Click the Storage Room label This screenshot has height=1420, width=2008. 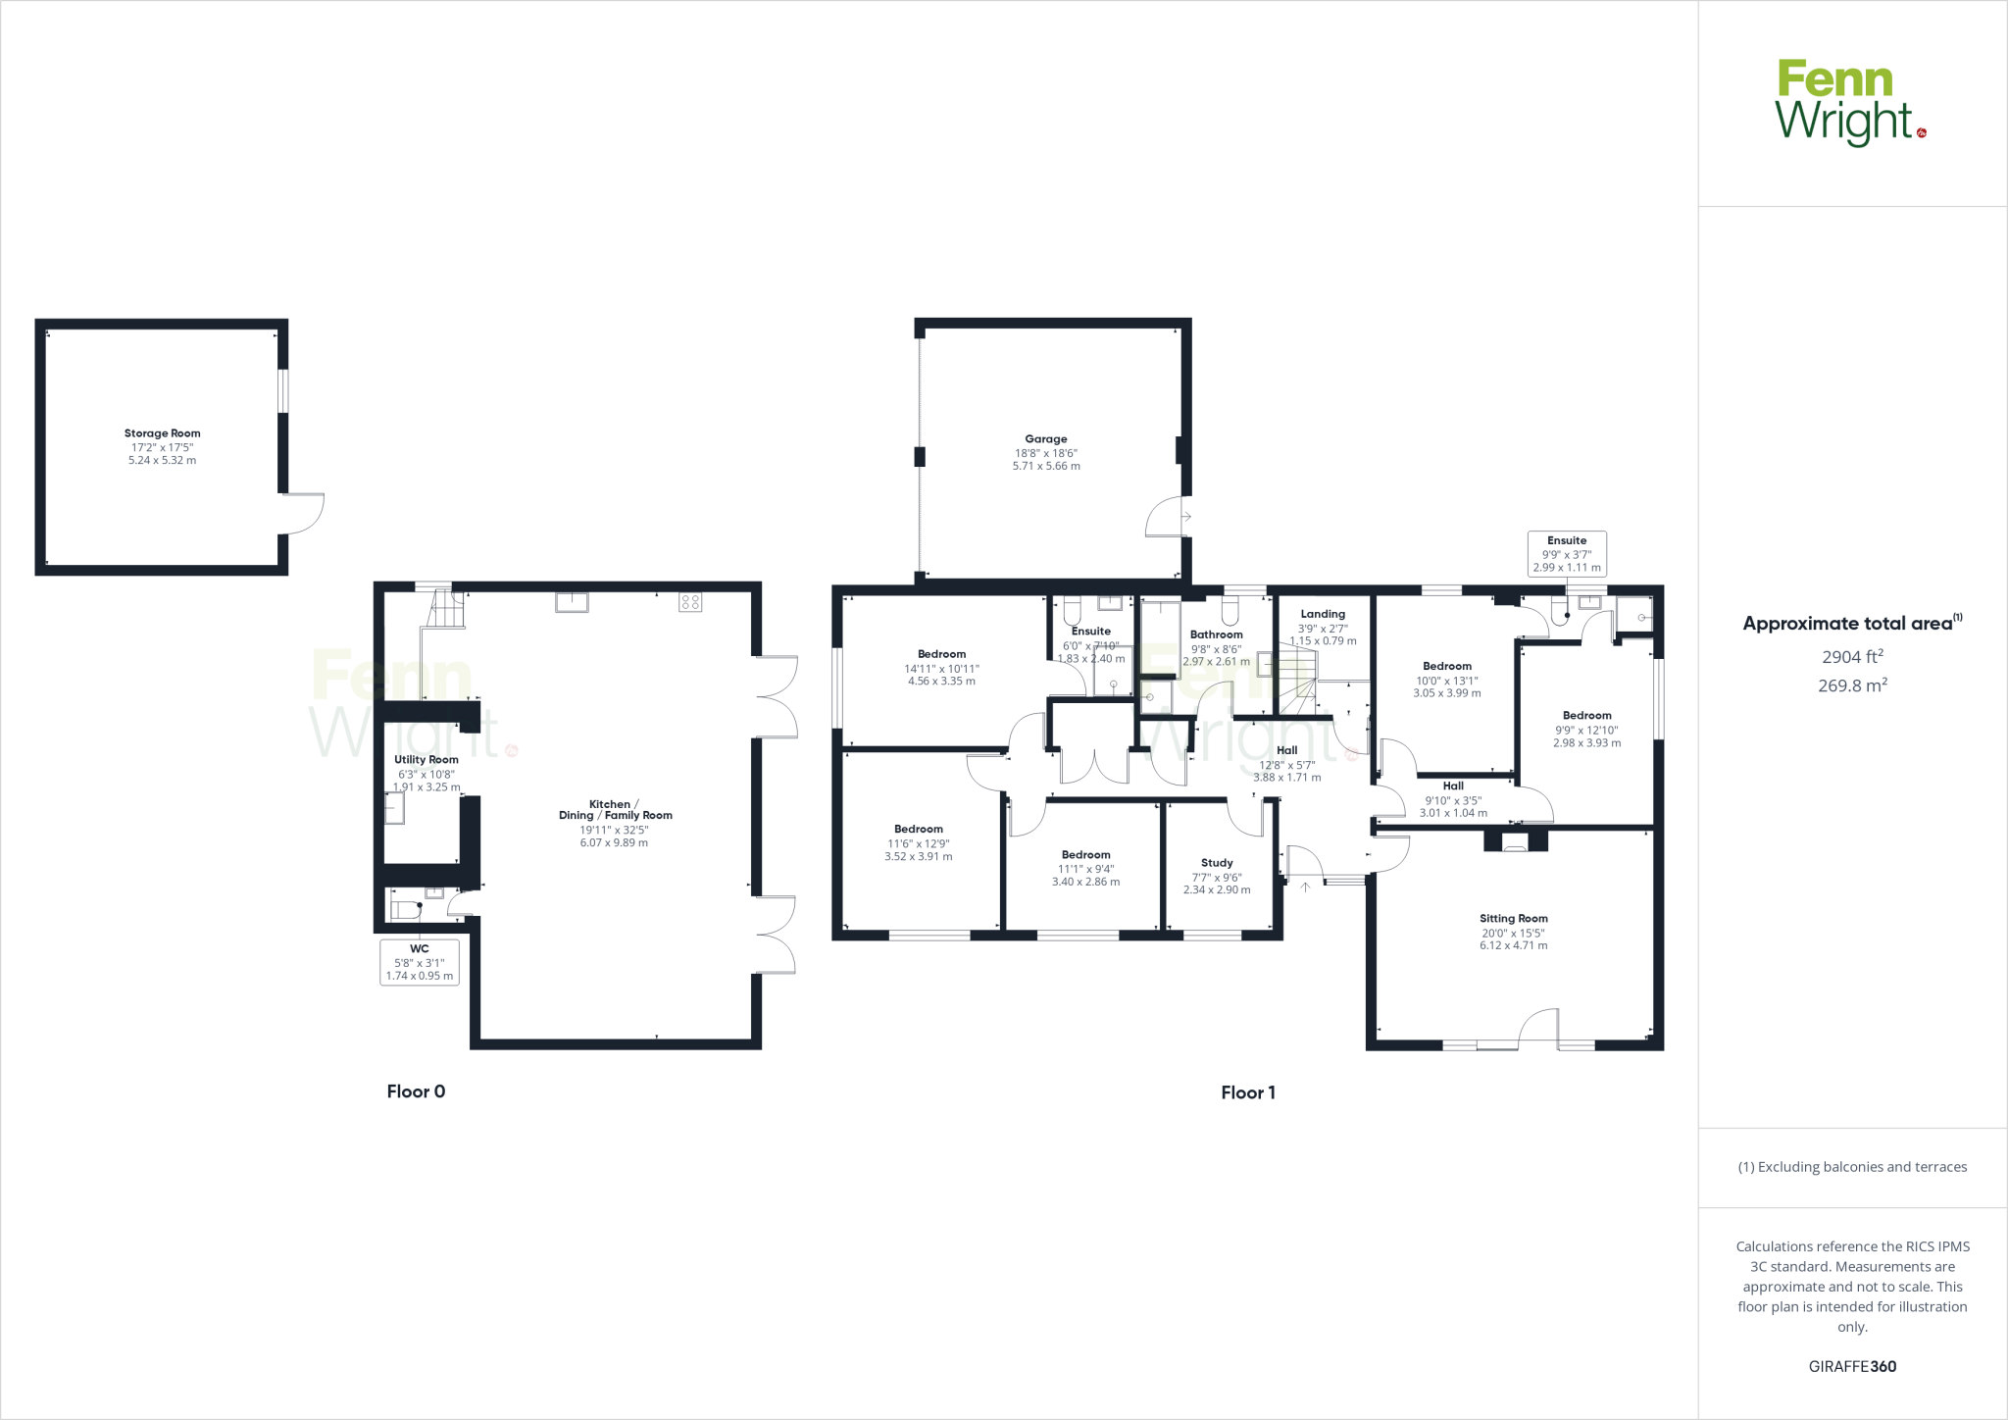click(162, 433)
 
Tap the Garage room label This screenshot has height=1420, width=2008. click(1045, 439)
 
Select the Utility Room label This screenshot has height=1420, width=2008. click(426, 760)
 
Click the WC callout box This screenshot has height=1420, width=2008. click(419, 962)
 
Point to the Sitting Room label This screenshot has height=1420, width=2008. click(1513, 919)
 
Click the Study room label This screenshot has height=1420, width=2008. click(1216, 863)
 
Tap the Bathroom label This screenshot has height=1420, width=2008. click(1216, 634)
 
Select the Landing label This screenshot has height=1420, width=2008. click(1322, 614)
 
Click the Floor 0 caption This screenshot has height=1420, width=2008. click(416, 1091)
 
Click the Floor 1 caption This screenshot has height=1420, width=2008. click(1247, 1092)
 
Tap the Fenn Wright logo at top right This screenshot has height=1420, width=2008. click(1849, 102)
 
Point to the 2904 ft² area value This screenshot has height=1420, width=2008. click(1852, 657)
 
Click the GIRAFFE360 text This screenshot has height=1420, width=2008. click(1852, 1366)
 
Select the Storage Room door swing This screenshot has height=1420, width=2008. click(306, 513)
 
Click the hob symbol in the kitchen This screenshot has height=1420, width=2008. click(689, 602)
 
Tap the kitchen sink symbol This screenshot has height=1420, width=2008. click(572, 602)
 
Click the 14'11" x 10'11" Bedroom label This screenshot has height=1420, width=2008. click(941, 654)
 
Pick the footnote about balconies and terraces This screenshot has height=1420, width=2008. click(1852, 1167)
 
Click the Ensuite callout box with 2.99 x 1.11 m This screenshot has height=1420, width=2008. click(1566, 554)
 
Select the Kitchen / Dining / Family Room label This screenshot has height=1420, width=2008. click(616, 809)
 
